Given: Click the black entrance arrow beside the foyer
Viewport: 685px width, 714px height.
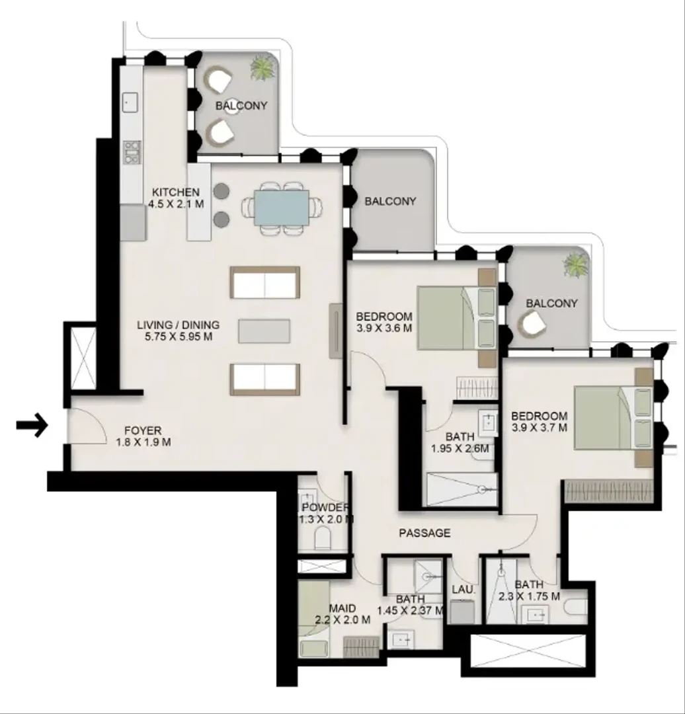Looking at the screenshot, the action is coord(32,426).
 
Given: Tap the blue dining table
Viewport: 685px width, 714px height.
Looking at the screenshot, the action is coord(282,208).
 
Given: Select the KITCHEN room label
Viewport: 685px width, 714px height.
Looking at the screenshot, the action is coord(176,192).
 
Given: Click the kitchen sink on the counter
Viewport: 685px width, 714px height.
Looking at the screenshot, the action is coord(131,102).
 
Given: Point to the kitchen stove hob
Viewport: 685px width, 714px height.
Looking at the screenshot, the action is coord(132,152).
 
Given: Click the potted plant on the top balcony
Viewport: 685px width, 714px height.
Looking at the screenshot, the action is coord(262,68).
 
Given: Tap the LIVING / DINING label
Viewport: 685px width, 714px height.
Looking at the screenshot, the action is coord(178,325).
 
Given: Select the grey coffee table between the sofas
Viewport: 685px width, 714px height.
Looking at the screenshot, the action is coord(264,331).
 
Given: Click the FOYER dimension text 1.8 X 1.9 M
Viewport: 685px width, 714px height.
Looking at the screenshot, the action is coord(143,442).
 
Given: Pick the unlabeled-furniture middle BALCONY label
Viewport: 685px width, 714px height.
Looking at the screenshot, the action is coord(390,201).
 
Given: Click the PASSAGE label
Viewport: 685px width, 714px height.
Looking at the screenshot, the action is coord(424,533).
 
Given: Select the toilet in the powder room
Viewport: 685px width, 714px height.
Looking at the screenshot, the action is coord(323,538).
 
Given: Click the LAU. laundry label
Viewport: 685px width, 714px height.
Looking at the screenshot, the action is coord(463,590).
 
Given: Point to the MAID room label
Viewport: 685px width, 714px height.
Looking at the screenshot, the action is coord(342,608).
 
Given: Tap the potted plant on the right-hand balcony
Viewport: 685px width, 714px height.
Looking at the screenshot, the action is coord(576,266).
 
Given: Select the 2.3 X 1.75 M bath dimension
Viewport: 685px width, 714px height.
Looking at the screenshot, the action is coord(529,596).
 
